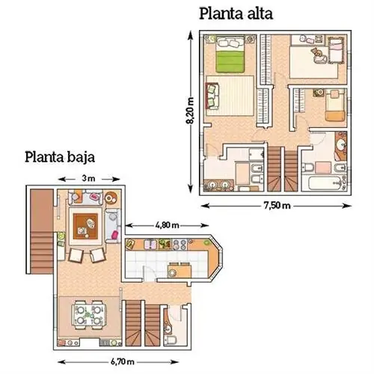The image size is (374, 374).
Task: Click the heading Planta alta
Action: point(236,14)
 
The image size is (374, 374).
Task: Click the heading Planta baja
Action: point(60,158)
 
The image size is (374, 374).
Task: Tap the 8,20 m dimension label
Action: point(190,111)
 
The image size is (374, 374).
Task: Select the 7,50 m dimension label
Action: point(277,206)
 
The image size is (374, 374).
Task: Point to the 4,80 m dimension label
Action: point(167,225)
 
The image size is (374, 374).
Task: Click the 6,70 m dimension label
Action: point(122,361)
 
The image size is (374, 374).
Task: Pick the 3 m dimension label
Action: point(89,179)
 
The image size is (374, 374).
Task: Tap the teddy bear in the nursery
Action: point(316,52)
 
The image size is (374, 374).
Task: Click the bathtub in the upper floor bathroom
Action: point(324,183)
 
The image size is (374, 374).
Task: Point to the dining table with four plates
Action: point(89,316)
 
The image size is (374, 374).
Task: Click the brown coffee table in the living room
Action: point(85,227)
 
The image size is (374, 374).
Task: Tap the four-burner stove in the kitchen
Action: point(180,244)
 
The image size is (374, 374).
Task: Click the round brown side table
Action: point(110,198)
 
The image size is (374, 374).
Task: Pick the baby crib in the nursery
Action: point(335,50)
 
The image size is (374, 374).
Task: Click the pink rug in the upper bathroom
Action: point(323,168)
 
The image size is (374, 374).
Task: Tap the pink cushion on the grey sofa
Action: point(115,234)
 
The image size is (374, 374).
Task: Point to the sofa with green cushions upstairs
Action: point(212,96)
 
